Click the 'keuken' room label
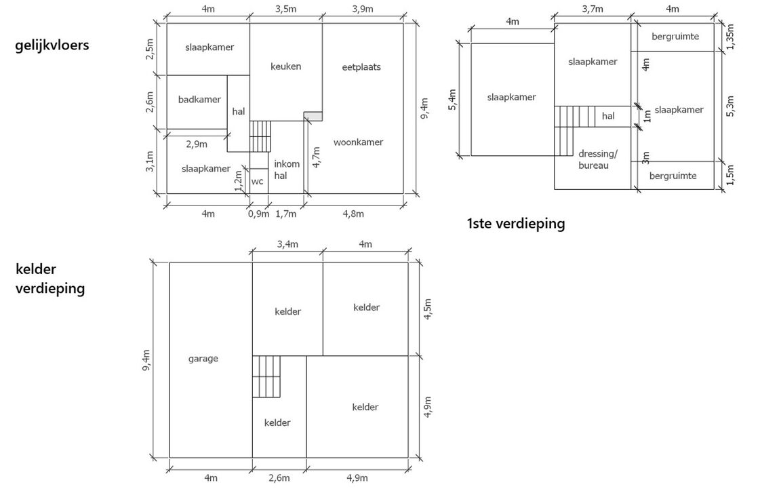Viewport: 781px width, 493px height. [x=285, y=66]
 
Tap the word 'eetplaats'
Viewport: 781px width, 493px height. [x=361, y=67]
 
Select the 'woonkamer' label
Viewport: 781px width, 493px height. [x=358, y=142]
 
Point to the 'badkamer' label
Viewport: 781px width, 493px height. [x=199, y=100]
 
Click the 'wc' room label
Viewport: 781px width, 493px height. [x=258, y=181]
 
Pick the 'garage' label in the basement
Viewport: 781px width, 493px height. [x=203, y=358]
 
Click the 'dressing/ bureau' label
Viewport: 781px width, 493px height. [x=593, y=159]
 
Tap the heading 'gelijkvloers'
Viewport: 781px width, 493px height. [x=52, y=45]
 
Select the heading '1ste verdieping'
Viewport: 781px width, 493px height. [x=516, y=223]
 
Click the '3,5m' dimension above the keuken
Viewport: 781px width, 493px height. [x=286, y=9]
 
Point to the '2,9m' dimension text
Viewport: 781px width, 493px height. [x=197, y=144]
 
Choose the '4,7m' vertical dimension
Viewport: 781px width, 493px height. [x=316, y=157]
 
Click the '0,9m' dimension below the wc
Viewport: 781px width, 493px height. [x=258, y=214]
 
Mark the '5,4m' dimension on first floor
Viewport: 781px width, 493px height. [x=453, y=100]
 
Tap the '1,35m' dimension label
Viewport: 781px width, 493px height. [x=729, y=37]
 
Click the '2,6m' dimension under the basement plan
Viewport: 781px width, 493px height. [x=279, y=477]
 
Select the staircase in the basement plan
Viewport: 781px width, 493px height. [x=266, y=376]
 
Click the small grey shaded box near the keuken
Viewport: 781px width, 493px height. [x=313, y=116]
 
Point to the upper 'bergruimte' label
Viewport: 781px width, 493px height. [x=675, y=36]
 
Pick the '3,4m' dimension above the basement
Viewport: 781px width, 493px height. [x=287, y=244]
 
